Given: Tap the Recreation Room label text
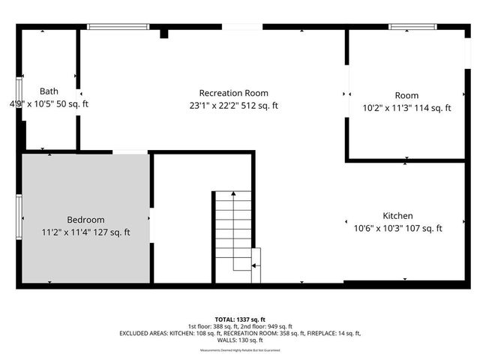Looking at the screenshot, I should (x=233, y=92).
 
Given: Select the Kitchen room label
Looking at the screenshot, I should (x=397, y=215).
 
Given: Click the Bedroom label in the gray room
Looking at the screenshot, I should (x=85, y=219).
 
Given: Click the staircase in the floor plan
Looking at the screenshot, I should (x=234, y=236).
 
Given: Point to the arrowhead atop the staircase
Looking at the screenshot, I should (x=233, y=194).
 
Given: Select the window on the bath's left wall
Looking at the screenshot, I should (x=19, y=94).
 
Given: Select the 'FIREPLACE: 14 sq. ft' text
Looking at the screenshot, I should (x=334, y=333).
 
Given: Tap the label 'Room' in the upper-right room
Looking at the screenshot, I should (x=406, y=95).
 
